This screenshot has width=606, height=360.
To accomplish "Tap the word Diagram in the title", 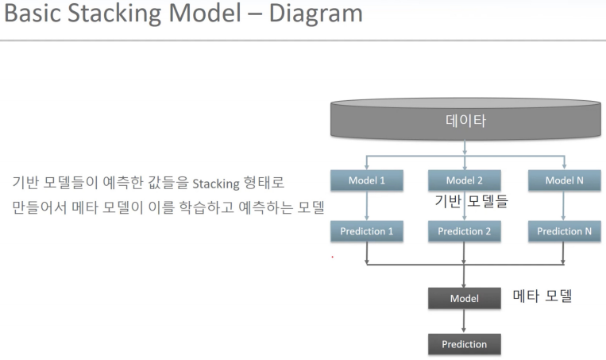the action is coord(309,14).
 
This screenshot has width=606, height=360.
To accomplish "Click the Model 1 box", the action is coord(366,180).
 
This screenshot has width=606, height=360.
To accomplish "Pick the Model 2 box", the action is coord(465,180).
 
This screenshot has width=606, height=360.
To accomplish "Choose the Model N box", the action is coord(564,180).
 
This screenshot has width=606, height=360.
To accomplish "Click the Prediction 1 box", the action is coord(366,231).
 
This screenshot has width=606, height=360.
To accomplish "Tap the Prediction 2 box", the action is coord(465,231).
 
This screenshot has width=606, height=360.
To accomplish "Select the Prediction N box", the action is coord(564,231).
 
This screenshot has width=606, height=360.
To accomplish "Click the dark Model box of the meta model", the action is coord(465,298).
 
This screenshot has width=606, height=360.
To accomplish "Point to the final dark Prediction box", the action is coord(465,344).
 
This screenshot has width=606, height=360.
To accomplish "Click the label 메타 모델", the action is coord(542,296).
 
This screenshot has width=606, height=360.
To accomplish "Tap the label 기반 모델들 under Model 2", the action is coord(471,202).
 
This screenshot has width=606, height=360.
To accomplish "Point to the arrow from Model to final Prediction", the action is coord(465,321).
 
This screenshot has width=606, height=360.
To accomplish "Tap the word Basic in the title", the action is coord(33,14).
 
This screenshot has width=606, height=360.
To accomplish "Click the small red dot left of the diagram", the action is coord(332,257).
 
